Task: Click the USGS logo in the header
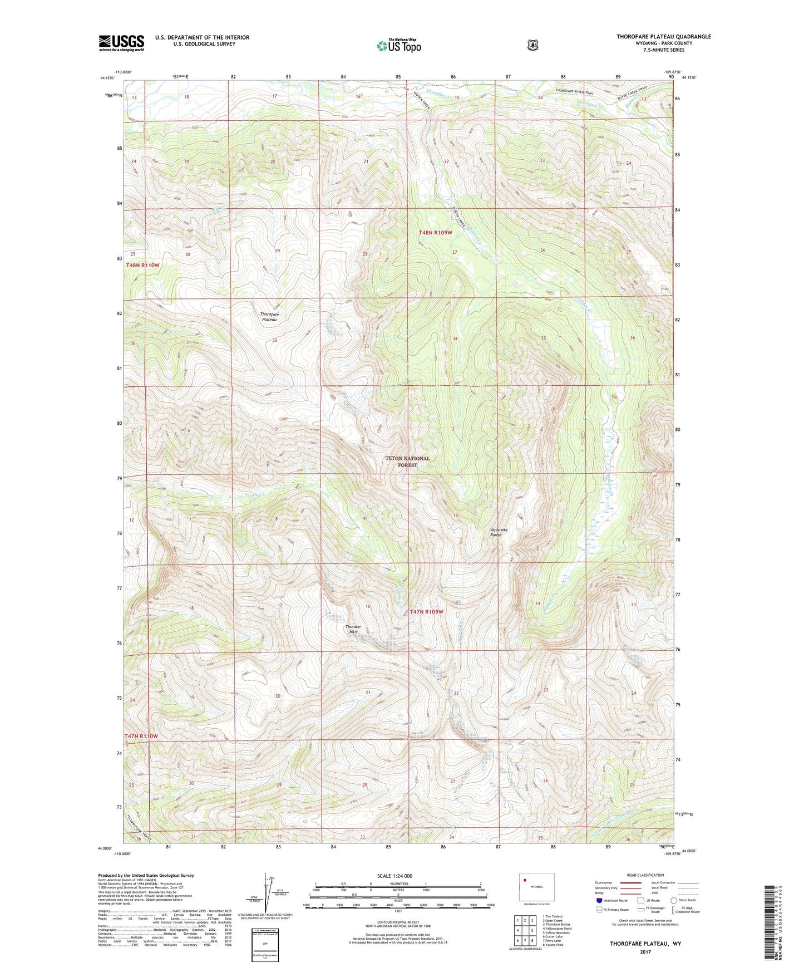point(121,43)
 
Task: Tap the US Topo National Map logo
point(398,45)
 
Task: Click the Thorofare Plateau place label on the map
point(269,317)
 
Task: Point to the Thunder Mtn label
point(354,629)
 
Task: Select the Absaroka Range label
point(499,532)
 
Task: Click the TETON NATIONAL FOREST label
point(407,462)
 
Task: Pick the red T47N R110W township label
point(141,736)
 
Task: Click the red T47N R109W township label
point(427,611)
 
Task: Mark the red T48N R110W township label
point(142,265)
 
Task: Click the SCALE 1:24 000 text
point(394,876)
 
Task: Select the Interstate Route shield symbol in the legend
point(599,900)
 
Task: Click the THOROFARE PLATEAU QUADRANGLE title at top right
point(663,37)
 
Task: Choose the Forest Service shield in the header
point(533,45)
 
